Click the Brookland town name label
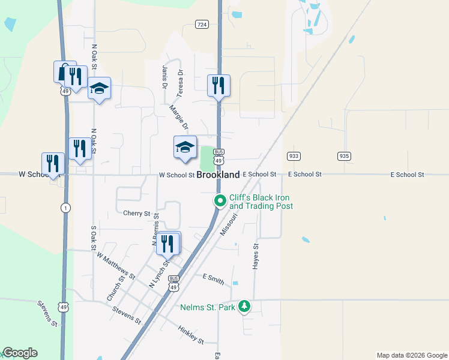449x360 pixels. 218,175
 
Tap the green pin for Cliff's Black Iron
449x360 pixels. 220,201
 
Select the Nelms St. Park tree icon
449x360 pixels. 244,307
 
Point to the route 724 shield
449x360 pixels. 202,25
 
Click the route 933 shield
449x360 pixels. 294,156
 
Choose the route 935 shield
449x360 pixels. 344,156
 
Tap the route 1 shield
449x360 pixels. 64,207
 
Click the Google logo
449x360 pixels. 20,353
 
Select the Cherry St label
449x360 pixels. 136,213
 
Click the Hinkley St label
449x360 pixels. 191,335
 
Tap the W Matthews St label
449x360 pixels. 115,266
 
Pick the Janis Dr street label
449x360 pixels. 164,77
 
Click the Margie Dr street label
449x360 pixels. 179,118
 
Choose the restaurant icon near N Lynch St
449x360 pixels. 167,243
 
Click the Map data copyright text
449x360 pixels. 411,355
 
